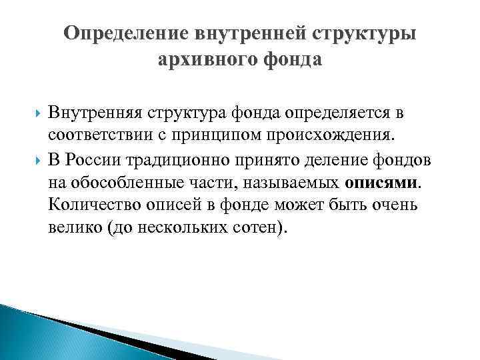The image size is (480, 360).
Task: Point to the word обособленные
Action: (123, 182)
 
